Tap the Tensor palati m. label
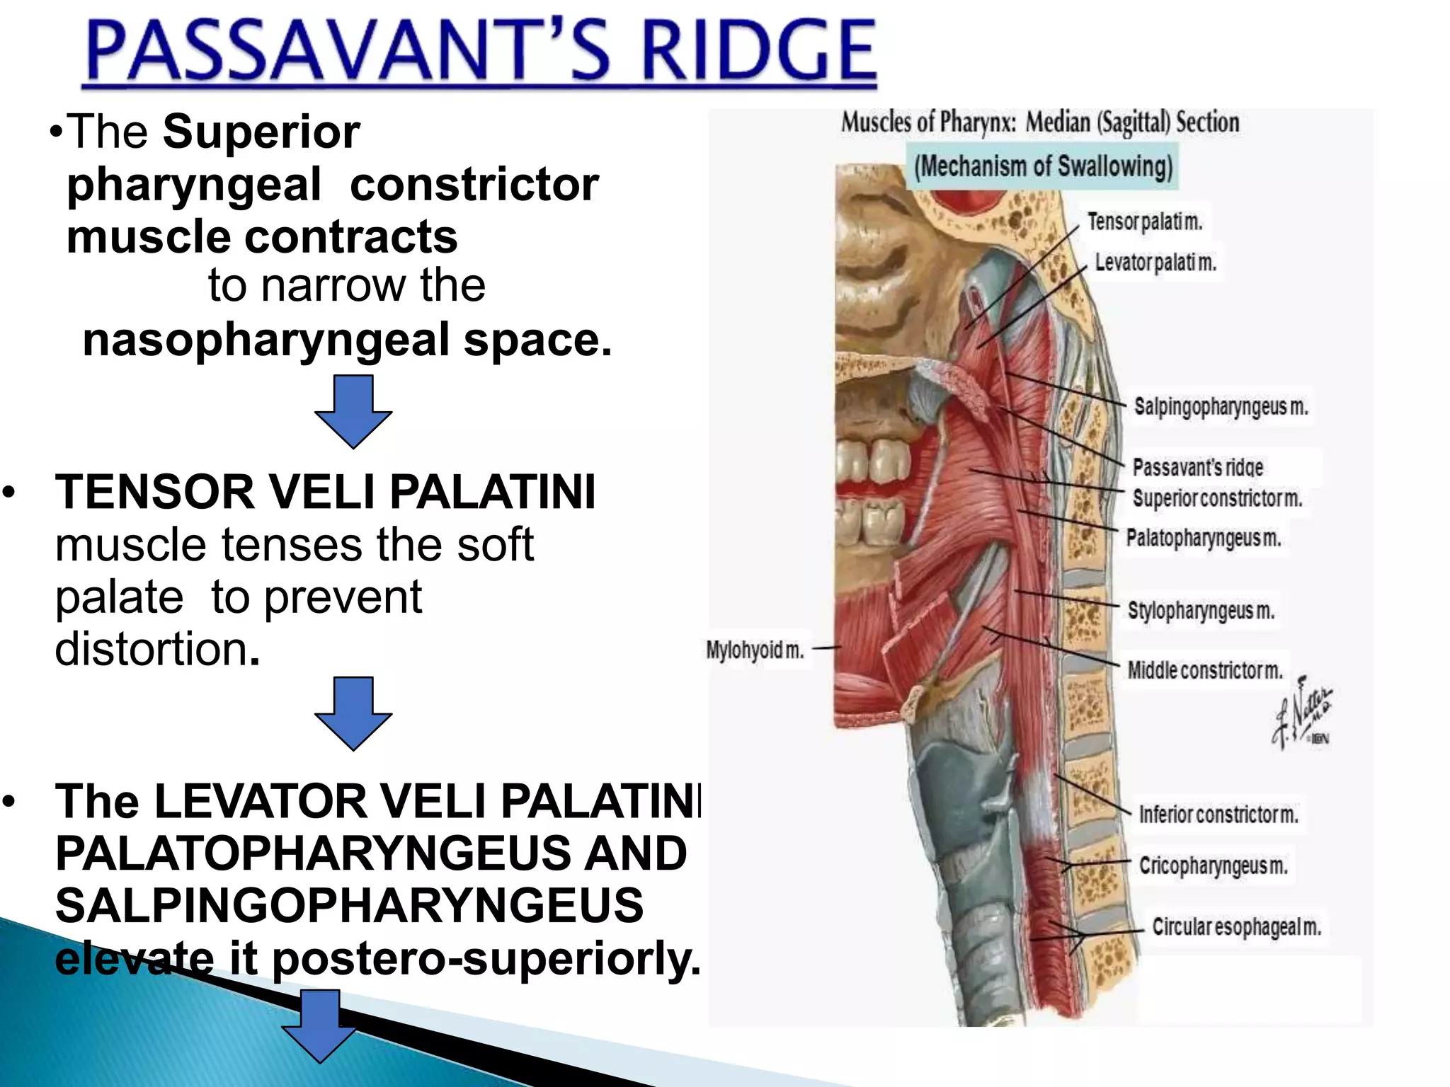tap(1145, 222)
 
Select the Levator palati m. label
tap(1155, 263)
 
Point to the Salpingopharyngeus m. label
tap(1221, 407)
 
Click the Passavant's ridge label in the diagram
tap(1197, 467)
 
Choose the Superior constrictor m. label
tap(1217, 498)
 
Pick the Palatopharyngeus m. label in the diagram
tap(1204, 538)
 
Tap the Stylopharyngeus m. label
tap(1201, 610)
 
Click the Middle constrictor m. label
tap(1205, 669)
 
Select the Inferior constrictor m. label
tap(1218, 815)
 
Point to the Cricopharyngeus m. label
tap(1213, 865)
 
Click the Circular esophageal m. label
tap(1236, 927)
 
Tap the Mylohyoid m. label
tap(755, 650)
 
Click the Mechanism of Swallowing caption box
tap(1043, 167)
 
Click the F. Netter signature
tap(1301, 715)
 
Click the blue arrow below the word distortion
tap(353, 713)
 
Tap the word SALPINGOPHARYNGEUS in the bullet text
tap(349, 905)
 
